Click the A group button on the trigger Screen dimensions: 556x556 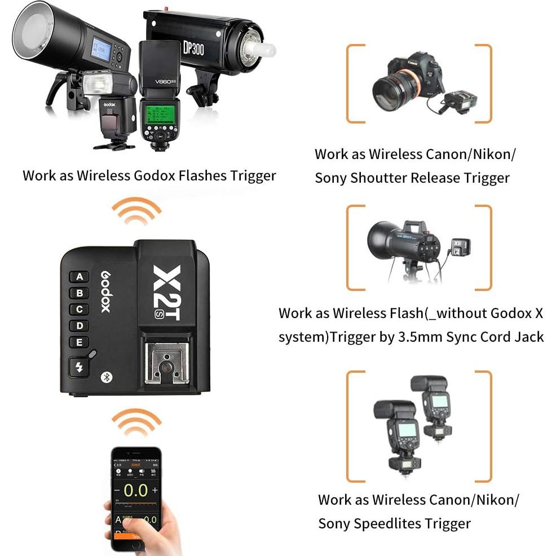(80, 277)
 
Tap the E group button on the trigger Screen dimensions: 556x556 (80, 342)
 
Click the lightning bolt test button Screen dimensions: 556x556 (80, 368)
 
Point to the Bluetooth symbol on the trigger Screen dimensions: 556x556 (104, 377)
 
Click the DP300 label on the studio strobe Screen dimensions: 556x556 (193, 48)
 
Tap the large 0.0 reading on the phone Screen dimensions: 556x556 (135, 490)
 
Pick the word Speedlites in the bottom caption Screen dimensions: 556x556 (434, 523)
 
